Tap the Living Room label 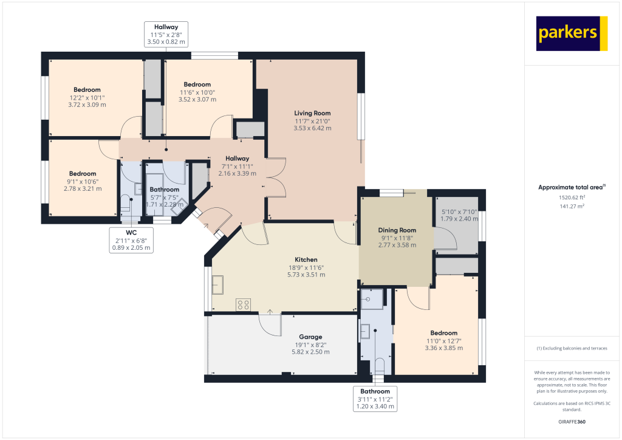[312, 113]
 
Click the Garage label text [310, 337]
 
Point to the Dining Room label [397, 230]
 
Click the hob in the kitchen [244, 304]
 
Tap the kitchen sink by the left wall [218, 284]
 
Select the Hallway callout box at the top [166, 35]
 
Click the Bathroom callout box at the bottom [375, 399]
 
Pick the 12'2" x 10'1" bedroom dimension [87, 97]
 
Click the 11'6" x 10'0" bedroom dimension [197, 92]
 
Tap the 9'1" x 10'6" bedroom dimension [82, 181]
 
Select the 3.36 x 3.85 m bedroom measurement [443, 348]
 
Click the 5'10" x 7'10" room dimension [459, 211]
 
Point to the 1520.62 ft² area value [572, 198]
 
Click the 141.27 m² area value [572, 207]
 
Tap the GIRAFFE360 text [572, 421]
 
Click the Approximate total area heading [572, 188]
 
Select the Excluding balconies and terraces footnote [572, 348]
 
